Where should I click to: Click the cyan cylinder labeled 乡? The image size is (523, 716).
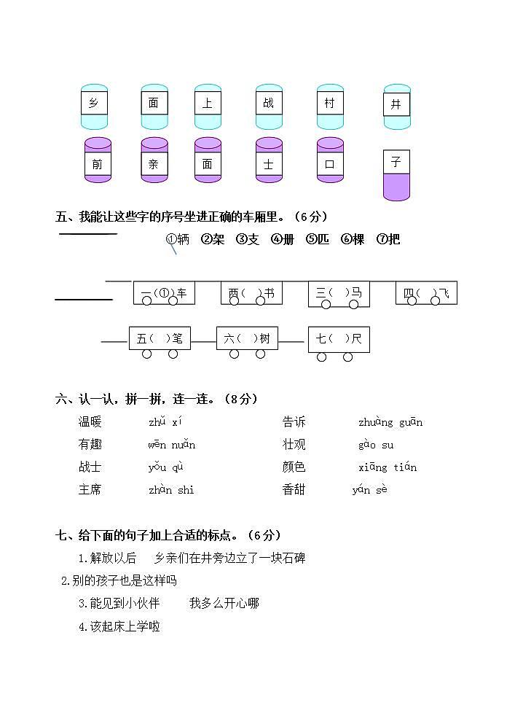tap(94, 106)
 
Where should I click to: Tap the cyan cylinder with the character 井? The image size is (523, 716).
tap(397, 106)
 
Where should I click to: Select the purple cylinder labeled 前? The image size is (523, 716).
tap(98, 160)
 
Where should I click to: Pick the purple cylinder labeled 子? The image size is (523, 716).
tap(396, 175)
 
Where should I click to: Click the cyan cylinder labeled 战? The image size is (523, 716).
tap(269, 106)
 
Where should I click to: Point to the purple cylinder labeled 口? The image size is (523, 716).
tap(330, 160)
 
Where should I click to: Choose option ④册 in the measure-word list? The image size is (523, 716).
tap(283, 239)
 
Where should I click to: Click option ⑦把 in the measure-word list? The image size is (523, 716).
tap(388, 239)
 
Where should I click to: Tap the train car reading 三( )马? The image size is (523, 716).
tap(339, 293)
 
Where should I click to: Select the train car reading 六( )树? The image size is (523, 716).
tap(247, 338)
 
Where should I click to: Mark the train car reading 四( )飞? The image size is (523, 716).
tap(426, 293)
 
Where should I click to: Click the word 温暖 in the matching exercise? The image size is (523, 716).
tap(90, 422)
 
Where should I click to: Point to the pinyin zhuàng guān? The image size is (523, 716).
tap(390, 423)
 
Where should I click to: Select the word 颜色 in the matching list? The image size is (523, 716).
tap(294, 467)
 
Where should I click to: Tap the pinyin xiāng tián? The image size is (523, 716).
tap(388, 467)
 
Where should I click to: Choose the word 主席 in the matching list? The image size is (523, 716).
tap(90, 490)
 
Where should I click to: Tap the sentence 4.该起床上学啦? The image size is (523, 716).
tap(119, 626)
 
